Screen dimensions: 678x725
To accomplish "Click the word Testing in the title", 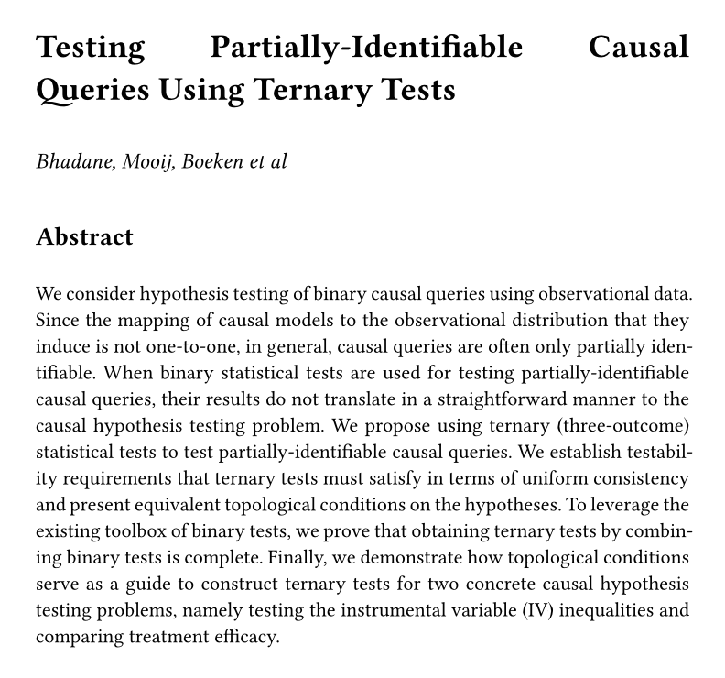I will click(90, 47).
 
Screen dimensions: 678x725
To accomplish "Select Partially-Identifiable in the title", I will click(366, 47).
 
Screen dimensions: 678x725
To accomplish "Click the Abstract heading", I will click(84, 237).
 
